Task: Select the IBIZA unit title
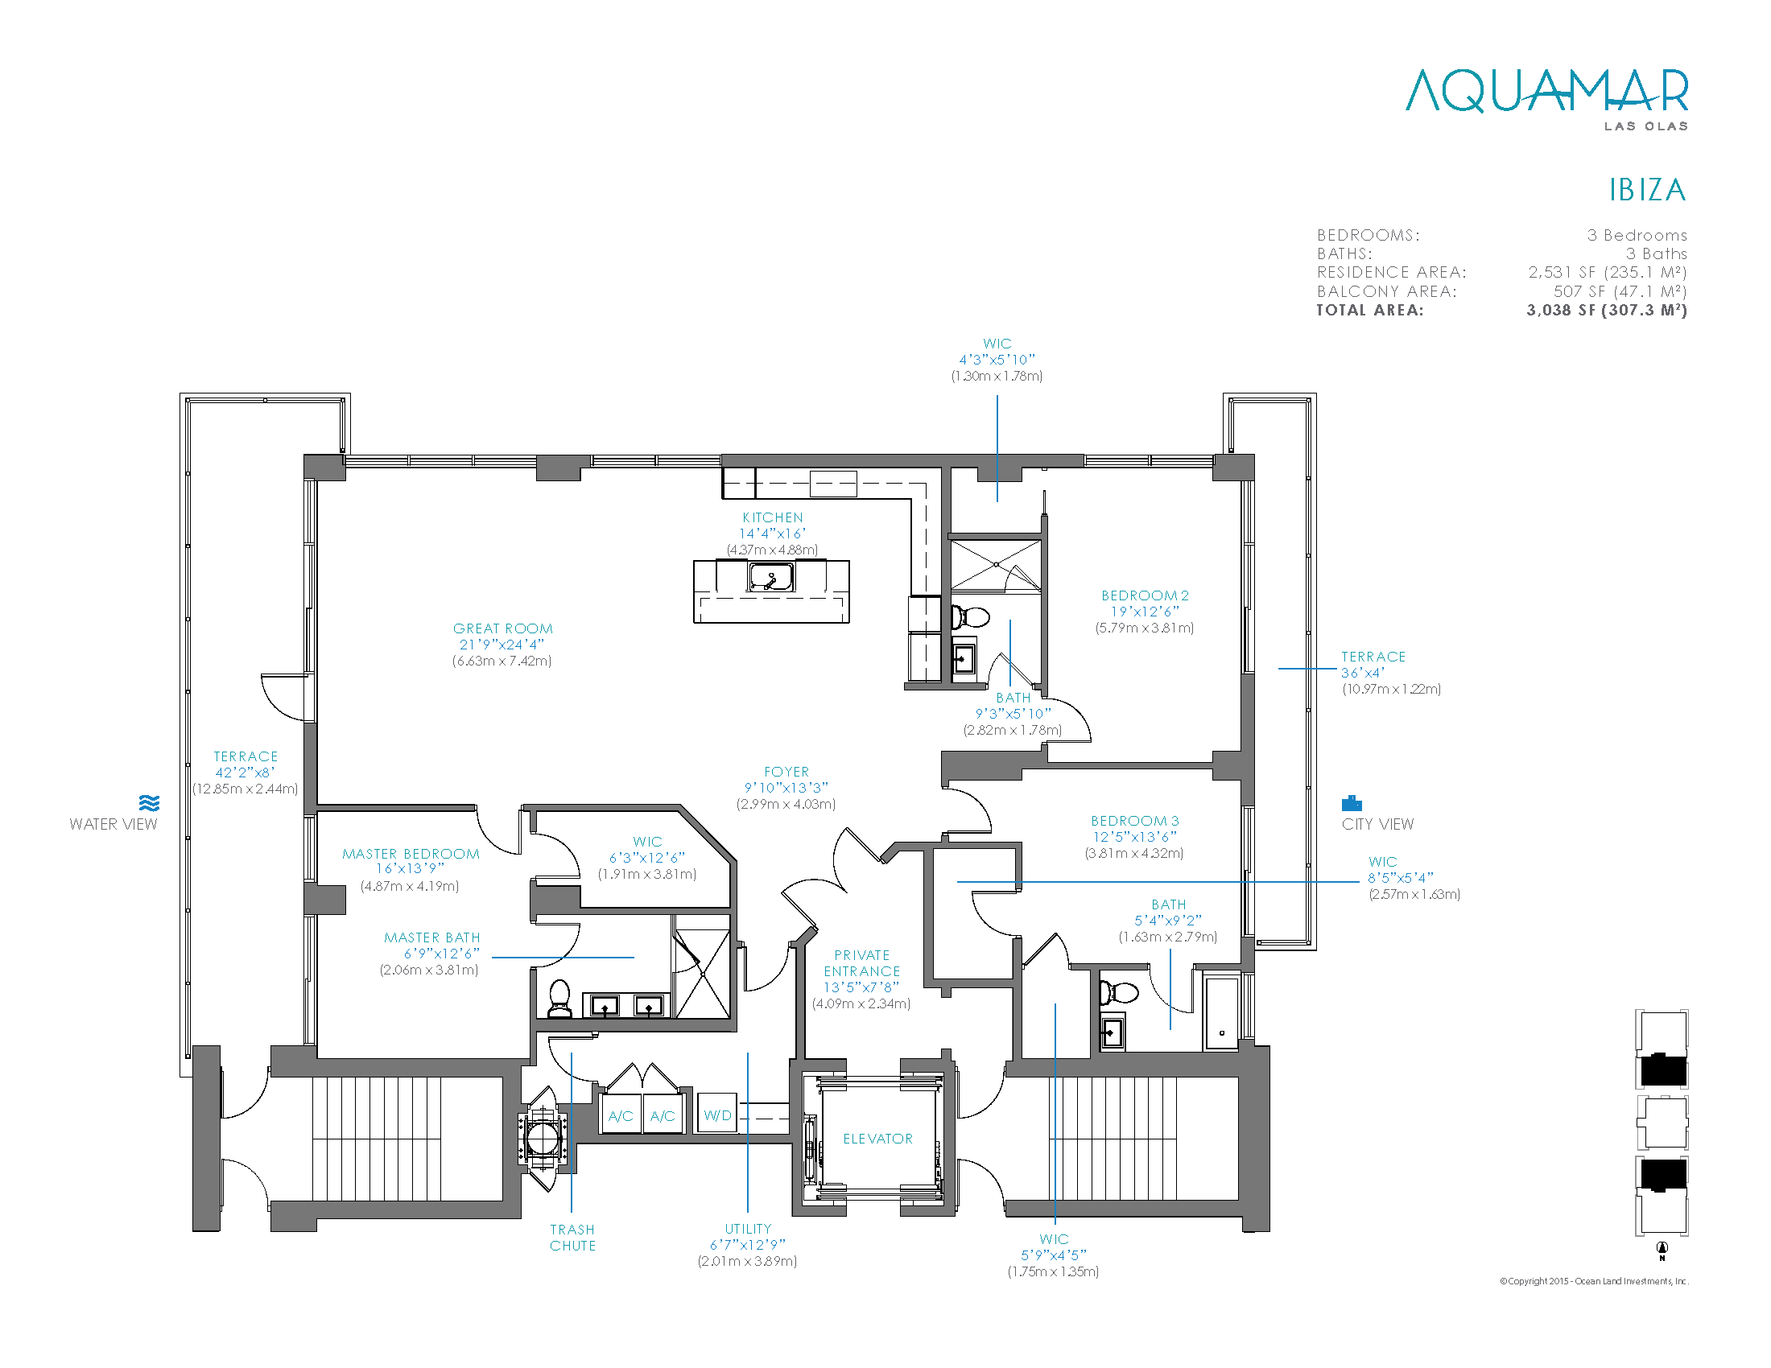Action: point(1647,191)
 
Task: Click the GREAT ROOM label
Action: point(503,629)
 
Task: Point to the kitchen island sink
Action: point(770,578)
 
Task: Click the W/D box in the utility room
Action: point(717,1115)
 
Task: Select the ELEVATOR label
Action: point(878,1139)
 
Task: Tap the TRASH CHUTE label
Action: point(572,1238)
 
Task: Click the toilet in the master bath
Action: point(559,999)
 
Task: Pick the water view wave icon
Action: point(149,803)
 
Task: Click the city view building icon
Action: point(1352,803)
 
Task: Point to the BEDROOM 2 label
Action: point(1145,595)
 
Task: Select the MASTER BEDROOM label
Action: point(411,853)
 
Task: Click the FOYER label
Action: point(786,772)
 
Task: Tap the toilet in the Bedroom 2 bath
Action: point(970,616)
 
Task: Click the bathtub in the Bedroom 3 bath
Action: point(1222,1012)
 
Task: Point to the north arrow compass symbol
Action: point(1662,1250)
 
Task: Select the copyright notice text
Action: point(1593,1281)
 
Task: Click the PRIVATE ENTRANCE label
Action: point(862,963)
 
